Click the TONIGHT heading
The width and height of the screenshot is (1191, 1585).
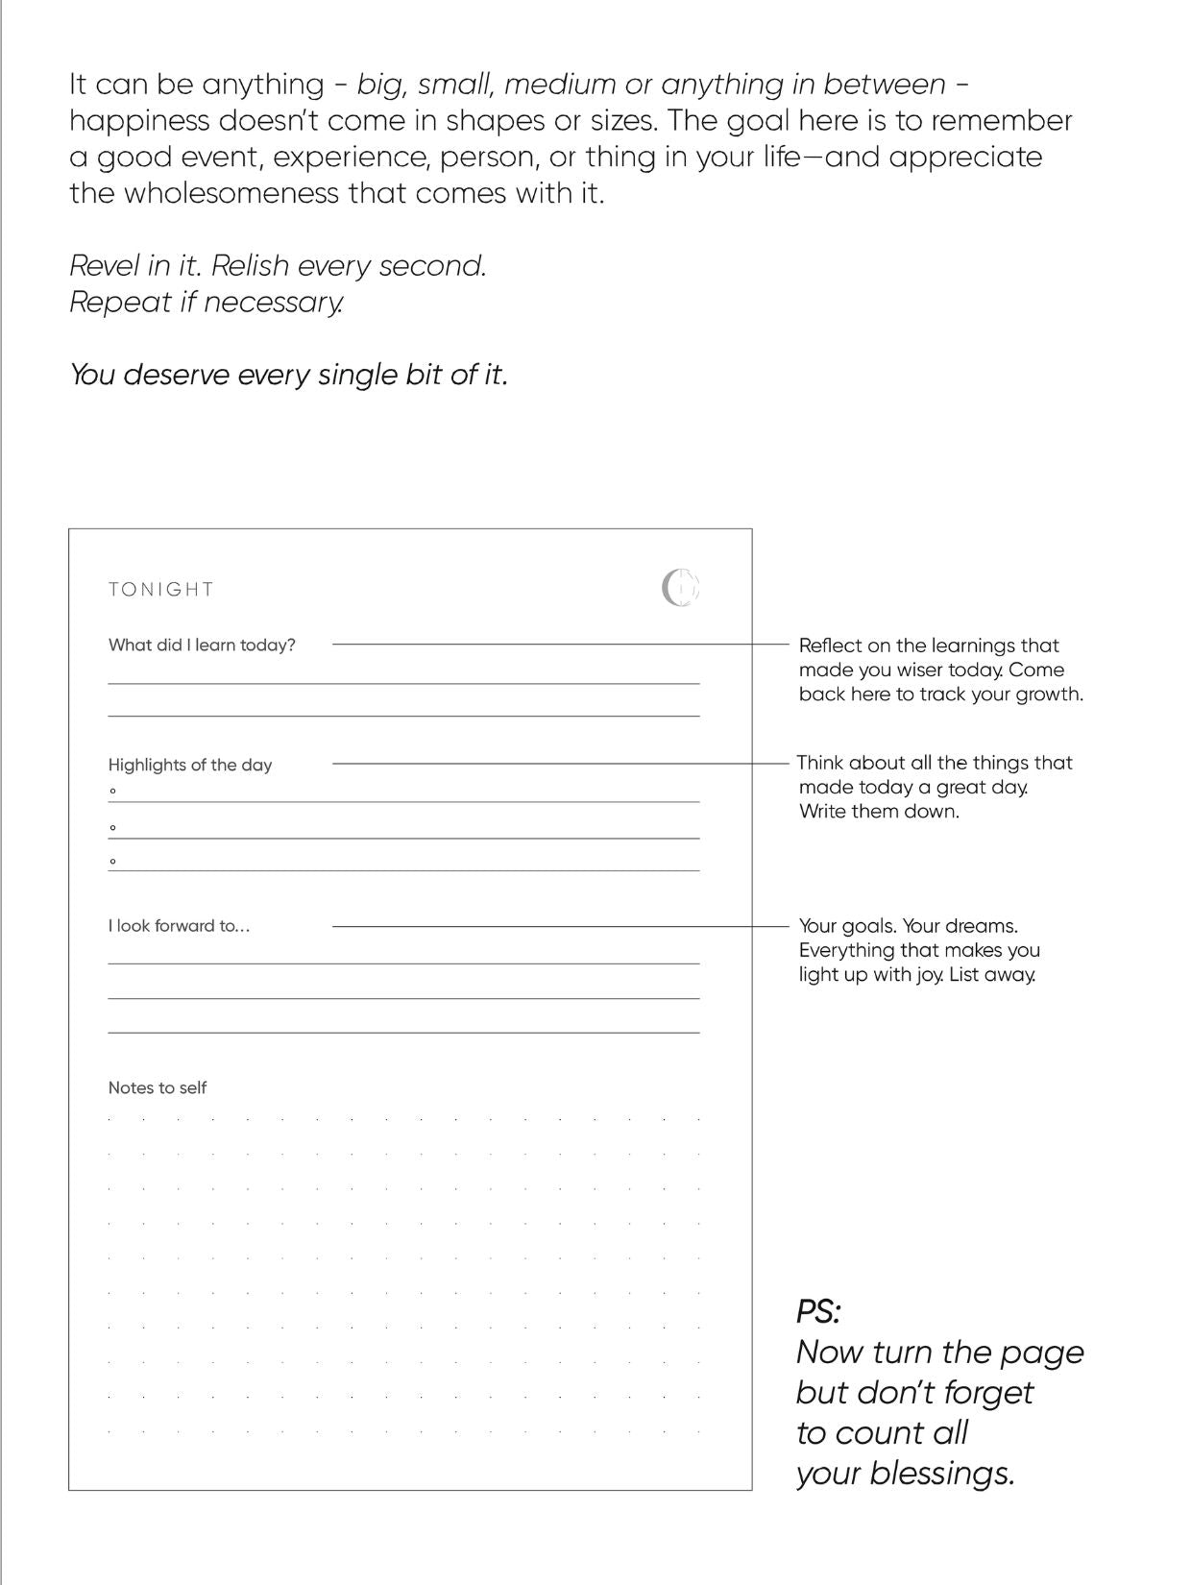point(160,589)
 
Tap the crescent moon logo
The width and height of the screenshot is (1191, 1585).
point(680,588)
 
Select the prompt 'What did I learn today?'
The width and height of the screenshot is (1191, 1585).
point(202,646)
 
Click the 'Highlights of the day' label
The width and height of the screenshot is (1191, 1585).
point(190,766)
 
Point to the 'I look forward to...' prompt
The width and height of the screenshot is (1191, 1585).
point(179,926)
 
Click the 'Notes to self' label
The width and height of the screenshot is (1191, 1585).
point(158,1087)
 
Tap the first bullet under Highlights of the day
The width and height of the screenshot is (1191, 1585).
point(113,792)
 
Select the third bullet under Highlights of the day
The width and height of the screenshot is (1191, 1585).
point(113,861)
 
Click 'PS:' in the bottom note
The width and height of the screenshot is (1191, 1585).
point(818,1311)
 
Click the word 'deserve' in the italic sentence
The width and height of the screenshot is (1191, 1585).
point(176,374)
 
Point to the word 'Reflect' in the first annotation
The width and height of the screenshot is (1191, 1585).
point(829,646)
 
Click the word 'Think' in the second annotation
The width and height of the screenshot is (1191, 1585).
point(819,763)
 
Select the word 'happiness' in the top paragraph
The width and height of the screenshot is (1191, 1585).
point(139,121)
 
